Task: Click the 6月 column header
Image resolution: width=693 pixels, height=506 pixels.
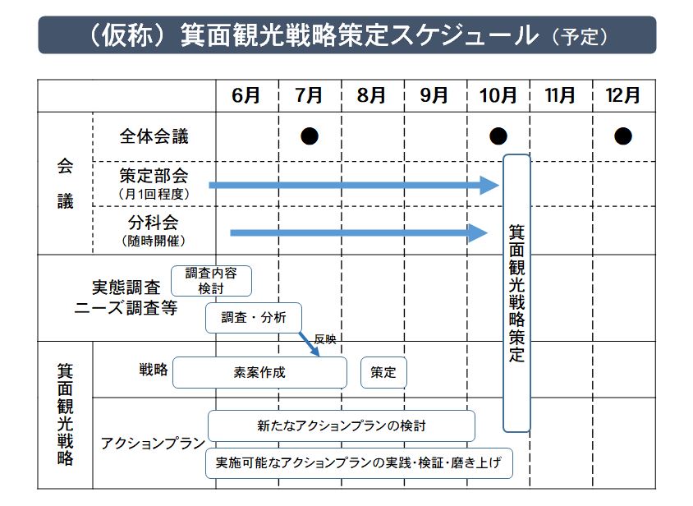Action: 246,95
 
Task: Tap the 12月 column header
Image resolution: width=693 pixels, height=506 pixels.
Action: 622,95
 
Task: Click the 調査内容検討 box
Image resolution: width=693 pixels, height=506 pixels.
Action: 211,280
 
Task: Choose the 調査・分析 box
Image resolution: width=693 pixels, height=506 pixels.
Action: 253,318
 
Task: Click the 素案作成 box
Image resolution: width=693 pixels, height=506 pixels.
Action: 259,372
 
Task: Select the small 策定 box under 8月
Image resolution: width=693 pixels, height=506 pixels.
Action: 383,372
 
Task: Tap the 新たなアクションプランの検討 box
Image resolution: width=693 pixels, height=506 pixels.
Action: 342,425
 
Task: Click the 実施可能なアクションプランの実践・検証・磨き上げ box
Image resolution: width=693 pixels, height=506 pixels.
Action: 359,462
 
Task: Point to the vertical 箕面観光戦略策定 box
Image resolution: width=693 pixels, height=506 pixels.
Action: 516,292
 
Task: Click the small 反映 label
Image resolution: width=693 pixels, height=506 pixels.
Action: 326,338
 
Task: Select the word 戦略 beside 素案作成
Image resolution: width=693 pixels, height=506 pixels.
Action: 154,370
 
